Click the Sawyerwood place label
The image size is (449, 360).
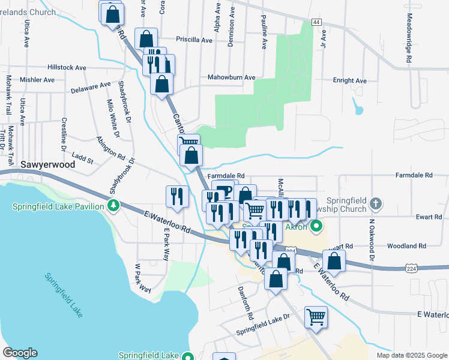[x=47, y=164]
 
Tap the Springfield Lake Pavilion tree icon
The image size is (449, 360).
[x=113, y=206]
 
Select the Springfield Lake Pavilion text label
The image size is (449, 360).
[x=59, y=207]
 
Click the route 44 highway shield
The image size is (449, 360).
[x=316, y=22]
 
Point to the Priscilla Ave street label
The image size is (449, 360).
[x=194, y=40]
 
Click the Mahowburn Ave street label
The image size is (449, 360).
[x=231, y=77]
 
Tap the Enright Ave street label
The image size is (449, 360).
[x=349, y=80]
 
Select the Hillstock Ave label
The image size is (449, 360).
[x=68, y=68]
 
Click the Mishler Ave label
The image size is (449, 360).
[x=37, y=79]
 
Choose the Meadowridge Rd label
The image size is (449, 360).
[x=408, y=38]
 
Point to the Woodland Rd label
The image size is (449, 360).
[x=406, y=246]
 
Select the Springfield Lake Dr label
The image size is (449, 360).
[x=263, y=323]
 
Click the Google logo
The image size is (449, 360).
[x=20, y=353]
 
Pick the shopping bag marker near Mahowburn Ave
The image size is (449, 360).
[x=161, y=84]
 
